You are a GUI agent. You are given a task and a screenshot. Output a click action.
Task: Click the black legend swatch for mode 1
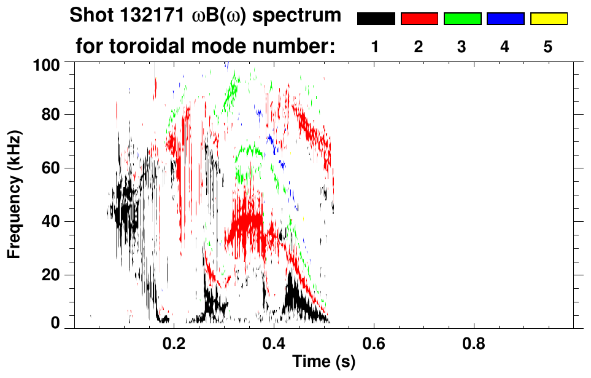pos(376,19)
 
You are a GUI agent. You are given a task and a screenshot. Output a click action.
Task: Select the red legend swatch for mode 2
pos(419,19)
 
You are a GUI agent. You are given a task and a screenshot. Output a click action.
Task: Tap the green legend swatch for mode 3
pos(462,19)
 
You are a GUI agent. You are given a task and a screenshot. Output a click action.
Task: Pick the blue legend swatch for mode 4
pos(505,19)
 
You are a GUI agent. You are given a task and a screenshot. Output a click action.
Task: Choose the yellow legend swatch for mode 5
pos(548,19)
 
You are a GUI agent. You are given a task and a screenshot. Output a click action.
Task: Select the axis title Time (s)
pos(323,362)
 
